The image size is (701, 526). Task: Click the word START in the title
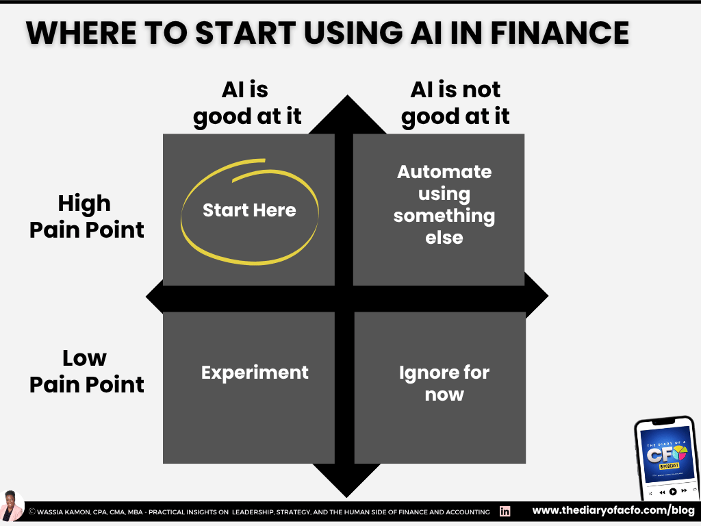click(210, 33)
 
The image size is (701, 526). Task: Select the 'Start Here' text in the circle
click(249, 210)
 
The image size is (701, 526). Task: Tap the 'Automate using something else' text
click(444, 204)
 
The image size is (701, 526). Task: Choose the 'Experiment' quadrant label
click(255, 373)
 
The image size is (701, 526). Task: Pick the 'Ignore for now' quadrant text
click(444, 384)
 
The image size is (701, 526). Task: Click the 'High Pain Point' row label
click(86, 216)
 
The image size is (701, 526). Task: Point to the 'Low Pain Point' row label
click(86, 371)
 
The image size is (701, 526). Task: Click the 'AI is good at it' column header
click(247, 103)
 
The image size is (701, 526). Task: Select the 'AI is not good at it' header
click(455, 103)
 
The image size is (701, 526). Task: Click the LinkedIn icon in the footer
click(505, 512)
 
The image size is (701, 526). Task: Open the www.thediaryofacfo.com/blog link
click(613, 511)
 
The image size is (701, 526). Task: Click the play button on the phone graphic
click(673, 491)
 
